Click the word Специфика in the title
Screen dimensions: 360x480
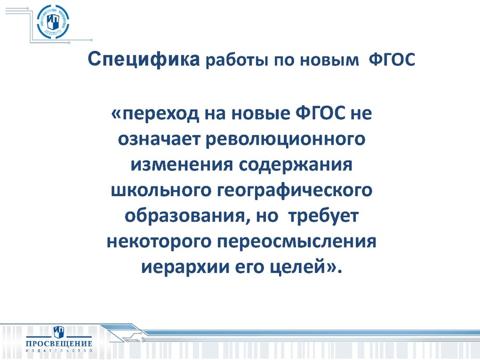tap(143, 61)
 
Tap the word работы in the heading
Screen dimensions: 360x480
tap(235, 62)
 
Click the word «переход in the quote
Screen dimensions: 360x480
tap(153, 114)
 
